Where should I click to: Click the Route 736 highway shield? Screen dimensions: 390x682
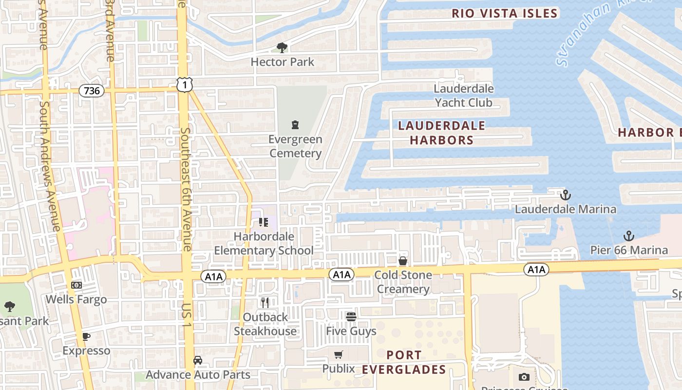click(x=92, y=91)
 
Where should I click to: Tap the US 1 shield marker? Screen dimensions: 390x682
click(x=185, y=85)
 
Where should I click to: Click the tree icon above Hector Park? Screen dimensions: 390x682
click(x=282, y=47)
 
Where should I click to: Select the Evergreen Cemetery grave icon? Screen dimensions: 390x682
click(x=295, y=125)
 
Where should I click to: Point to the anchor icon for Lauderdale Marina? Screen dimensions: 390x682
click(x=565, y=195)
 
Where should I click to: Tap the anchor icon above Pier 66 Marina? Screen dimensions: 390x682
click(x=629, y=236)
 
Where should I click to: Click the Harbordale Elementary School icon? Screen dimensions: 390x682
click(x=264, y=222)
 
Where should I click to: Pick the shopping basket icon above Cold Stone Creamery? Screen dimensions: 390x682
click(x=403, y=261)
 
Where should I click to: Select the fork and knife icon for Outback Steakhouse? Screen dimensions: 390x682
click(x=265, y=302)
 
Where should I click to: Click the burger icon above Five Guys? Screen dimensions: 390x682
click(x=351, y=316)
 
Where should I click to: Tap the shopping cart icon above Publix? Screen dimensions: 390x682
click(x=339, y=354)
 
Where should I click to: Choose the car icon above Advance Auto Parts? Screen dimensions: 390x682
click(x=197, y=360)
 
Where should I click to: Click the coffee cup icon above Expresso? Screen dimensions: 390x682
click(x=86, y=336)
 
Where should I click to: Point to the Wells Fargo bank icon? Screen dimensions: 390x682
click(x=76, y=285)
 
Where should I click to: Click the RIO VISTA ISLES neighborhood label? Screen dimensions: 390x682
click(x=504, y=13)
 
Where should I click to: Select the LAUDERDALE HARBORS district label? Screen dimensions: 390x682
click(x=441, y=133)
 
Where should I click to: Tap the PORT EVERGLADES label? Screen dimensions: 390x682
click(x=403, y=362)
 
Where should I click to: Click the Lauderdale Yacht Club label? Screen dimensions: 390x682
click(x=463, y=96)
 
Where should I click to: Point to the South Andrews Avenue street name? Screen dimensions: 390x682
click(x=50, y=166)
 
